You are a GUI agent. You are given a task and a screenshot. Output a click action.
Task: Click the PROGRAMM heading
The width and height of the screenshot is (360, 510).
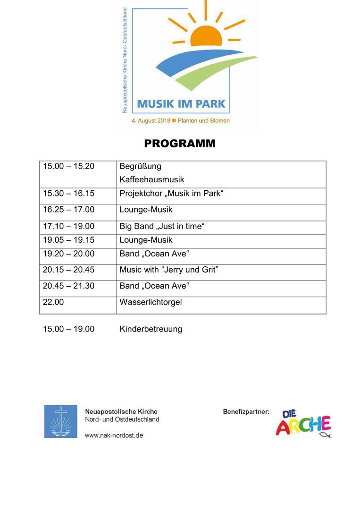pyautogui.click(x=180, y=144)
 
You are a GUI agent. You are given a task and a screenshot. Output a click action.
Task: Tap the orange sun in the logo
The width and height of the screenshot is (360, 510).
pyautogui.click(x=206, y=37)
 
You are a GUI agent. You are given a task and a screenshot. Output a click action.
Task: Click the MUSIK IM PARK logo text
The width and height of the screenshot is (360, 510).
pyautogui.click(x=181, y=103)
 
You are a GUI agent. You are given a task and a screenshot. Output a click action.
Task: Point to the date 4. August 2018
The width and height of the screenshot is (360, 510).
pyautogui.click(x=151, y=121)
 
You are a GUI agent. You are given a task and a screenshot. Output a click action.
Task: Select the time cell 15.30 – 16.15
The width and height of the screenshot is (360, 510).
pyautogui.click(x=68, y=194)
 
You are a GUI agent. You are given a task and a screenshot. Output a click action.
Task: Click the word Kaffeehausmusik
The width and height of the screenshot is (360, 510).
pyautogui.click(x=151, y=179)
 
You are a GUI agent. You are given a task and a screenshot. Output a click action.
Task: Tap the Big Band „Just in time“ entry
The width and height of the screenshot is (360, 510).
pyautogui.click(x=162, y=226)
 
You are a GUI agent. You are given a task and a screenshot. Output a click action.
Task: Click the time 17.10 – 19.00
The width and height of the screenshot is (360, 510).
pyautogui.click(x=68, y=226)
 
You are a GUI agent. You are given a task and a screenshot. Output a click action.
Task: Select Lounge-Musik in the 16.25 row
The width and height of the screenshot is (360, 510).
pyautogui.click(x=146, y=210)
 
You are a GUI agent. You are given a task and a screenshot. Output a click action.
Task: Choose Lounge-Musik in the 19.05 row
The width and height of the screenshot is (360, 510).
pyautogui.click(x=146, y=240)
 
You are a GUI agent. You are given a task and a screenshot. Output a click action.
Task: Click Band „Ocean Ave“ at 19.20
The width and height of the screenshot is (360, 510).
pyautogui.click(x=154, y=254)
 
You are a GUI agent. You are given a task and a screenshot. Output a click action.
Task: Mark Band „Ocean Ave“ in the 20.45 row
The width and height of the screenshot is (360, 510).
pyautogui.click(x=154, y=286)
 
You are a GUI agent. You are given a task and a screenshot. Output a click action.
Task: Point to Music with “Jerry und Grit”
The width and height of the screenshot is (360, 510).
pyautogui.click(x=168, y=270)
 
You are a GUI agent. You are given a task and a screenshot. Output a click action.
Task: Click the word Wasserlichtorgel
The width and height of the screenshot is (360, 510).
pyautogui.click(x=151, y=302)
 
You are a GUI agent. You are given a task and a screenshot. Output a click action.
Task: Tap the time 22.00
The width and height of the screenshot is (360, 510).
pyautogui.click(x=53, y=302)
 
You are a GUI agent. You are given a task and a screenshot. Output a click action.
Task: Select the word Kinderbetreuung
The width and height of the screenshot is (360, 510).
pyautogui.click(x=151, y=329)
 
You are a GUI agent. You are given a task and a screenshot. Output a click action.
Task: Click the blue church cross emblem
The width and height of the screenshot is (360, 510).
pyautogui.click(x=61, y=421)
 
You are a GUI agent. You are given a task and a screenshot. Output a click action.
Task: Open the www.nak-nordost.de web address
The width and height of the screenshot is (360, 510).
pyautogui.click(x=114, y=435)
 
